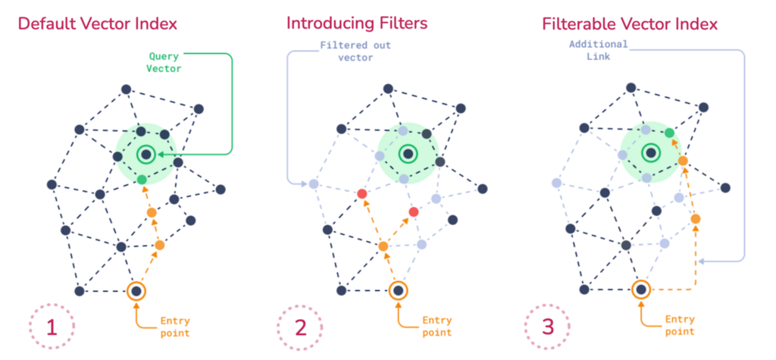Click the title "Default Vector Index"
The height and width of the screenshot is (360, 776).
[97, 23]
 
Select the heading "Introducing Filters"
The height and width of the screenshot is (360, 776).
[357, 23]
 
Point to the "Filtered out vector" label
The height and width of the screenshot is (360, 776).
[355, 52]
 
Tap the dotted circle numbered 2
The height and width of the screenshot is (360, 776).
[300, 327]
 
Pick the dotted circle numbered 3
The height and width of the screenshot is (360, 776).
[548, 327]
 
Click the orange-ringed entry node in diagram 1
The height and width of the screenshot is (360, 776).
[136, 290]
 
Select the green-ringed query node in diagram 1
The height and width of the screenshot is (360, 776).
[145, 155]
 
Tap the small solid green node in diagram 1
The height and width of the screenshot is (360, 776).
[142, 179]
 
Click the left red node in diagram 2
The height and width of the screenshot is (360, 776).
[362, 195]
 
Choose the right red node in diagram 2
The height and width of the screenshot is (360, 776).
[414, 211]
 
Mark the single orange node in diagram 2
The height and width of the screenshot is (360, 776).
[383, 246]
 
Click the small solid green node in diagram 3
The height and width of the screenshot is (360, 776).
[669, 133]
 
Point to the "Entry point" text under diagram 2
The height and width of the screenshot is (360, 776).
[436, 327]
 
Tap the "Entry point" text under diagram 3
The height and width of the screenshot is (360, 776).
[679, 327]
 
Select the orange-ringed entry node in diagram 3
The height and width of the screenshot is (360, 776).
[641, 290]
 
